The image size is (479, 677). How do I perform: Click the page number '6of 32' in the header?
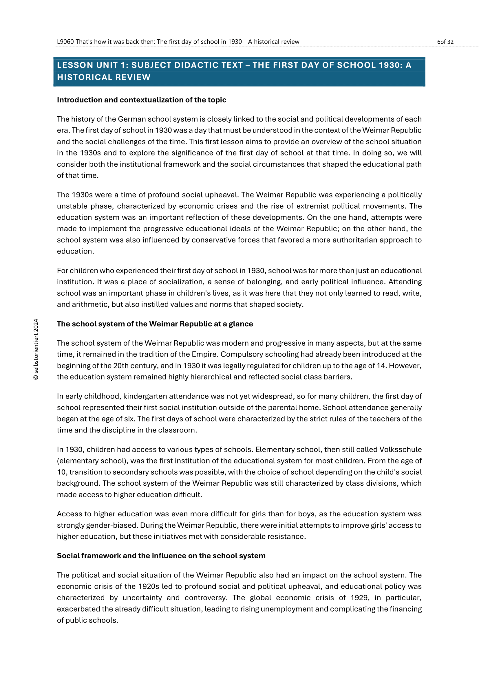pyautogui.click(x=445, y=42)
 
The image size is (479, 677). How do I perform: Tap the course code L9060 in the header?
pyautogui.click(x=65, y=42)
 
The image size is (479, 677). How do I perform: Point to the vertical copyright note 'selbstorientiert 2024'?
pyautogui.click(x=36, y=349)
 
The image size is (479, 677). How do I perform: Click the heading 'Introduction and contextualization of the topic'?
pyautogui.click(x=142, y=100)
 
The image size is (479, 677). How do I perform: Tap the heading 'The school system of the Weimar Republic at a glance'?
pyautogui.click(x=155, y=324)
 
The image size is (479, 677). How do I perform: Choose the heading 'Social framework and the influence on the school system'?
pyautogui.click(x=161, y=555)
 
